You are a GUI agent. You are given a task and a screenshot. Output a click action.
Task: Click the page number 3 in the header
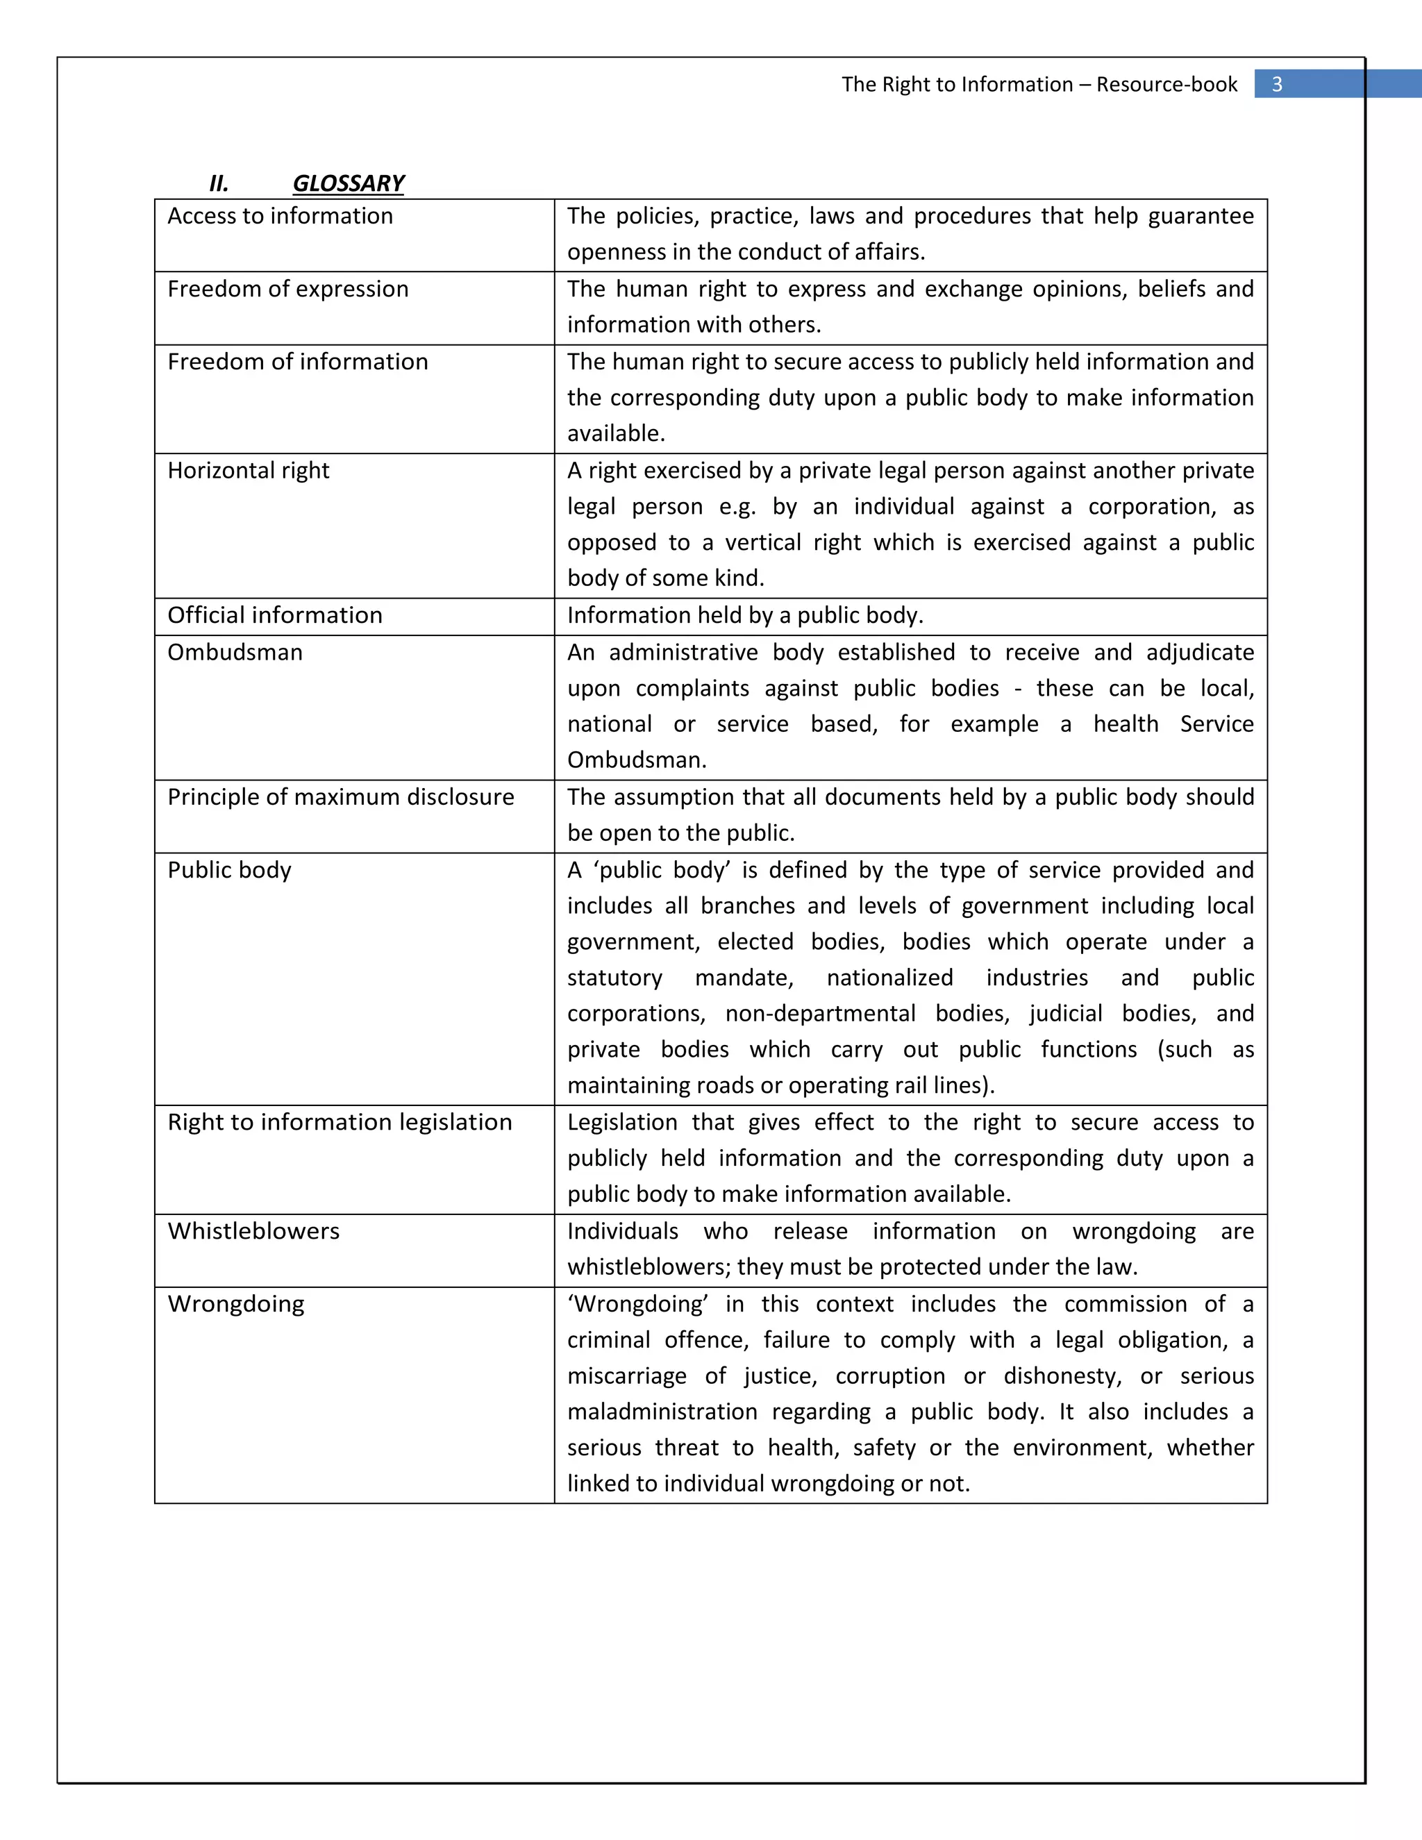click(x=1276, y=84)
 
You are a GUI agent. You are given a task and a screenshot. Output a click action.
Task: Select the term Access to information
click(x=280, y=217)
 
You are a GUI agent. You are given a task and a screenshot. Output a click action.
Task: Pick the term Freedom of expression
click(x=287, y=289)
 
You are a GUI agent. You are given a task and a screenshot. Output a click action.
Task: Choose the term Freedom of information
click(x=297, y=362)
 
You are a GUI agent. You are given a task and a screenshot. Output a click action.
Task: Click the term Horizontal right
click(x=248, y=471)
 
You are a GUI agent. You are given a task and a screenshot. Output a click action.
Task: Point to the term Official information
click(x=275, y=616)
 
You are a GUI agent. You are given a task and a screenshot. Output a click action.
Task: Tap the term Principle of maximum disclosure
click(x=340, y=798)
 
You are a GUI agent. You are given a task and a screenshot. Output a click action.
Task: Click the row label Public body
click(x=229, y=870)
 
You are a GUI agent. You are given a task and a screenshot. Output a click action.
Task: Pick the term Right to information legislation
click(x=340, y=1123)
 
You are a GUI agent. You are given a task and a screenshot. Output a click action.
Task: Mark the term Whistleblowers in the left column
click(x=253, y=1232)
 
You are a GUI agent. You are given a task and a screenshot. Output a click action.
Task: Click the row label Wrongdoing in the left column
click(x=236, y=1304)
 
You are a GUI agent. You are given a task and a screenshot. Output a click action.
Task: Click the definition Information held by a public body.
click(x=745, y=616)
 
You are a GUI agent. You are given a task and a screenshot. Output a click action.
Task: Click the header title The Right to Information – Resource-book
click(x=1039, y=84)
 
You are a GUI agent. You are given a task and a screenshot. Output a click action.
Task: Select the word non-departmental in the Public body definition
click(x=820, y=1014)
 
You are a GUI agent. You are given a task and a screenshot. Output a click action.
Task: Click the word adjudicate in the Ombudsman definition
click(x=1200, y=653)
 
